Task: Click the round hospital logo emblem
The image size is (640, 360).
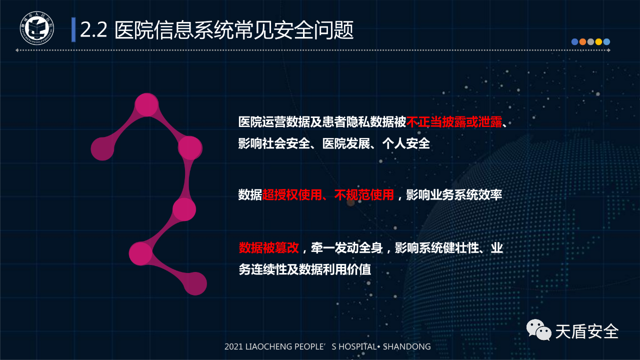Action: tap(37, 28)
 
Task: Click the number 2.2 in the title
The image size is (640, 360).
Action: tap(93, 29)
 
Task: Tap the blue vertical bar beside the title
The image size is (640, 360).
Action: tap(73, 29)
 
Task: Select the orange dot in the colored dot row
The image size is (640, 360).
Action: tap(582, 42)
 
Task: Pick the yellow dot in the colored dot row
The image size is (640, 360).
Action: tap(598, 42)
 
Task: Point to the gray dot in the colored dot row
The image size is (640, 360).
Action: tap(590, 42)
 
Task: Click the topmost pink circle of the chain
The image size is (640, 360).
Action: tap(146, 104)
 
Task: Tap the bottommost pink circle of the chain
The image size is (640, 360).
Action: tap(195, 283)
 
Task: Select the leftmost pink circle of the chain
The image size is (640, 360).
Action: tap(102, 148)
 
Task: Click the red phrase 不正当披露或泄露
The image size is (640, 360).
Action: tap(454, 122)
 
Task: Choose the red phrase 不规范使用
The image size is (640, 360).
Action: tap(364, 195)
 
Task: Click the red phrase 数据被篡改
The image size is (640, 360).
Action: tap(269, 247)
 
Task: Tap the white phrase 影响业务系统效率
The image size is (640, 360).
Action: tap(454, 195)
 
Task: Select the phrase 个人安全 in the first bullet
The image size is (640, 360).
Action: tap(406, 143)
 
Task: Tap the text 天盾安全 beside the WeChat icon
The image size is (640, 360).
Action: tap(587, 331)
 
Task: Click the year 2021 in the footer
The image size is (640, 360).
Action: tap(233, 346)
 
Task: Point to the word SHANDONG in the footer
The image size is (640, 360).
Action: tap(406, 346)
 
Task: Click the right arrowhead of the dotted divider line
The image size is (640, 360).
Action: tap(609, 50)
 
